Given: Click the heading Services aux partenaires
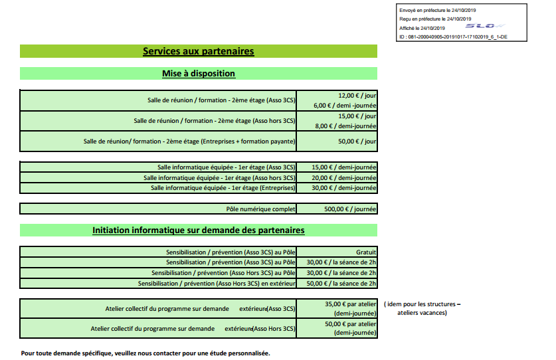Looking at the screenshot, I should tap(199, 51).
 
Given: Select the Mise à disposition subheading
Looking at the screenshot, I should tap(199, 74).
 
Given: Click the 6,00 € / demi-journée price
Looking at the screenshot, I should tap(345, 106).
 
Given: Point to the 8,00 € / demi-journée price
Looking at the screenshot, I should tap(345, 126).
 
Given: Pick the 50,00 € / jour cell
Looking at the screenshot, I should tap(357, 141).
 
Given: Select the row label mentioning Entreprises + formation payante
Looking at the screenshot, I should tap(189, 141).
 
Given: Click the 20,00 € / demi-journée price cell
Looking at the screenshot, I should tap(343, 178).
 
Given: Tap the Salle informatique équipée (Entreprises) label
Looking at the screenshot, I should tap(223, 188).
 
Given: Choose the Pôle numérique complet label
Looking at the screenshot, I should tap(260, 209).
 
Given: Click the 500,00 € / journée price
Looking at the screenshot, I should tap(350, 209).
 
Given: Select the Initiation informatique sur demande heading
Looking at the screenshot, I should tap(199, 230).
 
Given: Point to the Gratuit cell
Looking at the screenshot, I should tap(366, 252).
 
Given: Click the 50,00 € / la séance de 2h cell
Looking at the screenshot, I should tap(341, 284).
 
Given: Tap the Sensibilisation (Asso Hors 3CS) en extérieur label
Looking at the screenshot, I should tap(217, 284).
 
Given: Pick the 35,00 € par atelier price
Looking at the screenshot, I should tap(351, 305).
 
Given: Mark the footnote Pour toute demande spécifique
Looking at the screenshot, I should tap(145, 353).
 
